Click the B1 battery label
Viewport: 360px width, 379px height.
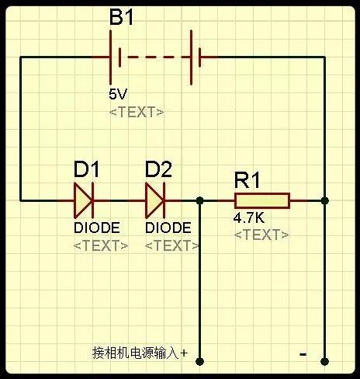[x=121, y=17]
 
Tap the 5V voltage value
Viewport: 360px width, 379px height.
[x=118, y=94]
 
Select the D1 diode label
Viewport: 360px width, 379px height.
[x=86, y=169]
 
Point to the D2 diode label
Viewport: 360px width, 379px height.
[x=158, y=169]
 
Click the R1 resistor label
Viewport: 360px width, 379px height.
[x=247, y=180]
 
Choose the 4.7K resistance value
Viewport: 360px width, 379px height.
[x=249, y=217]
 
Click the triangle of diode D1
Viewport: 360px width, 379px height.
[x=83, y=200]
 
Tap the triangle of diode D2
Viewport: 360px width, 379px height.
[x=154, y=200]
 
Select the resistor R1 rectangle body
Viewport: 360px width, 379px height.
[x=262, y=200]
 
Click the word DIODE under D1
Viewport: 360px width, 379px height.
[x=97, y=228]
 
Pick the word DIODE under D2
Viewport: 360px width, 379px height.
[x=168, y=228]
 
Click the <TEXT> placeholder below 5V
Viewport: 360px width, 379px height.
[x=137, y=113]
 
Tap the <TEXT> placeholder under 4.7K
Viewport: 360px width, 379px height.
[x=261, y=235]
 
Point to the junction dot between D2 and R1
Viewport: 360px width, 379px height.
[x=200, y=200]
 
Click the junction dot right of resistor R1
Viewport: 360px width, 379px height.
[x=325, y=200]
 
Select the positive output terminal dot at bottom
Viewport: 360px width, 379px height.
[x=200, y=361]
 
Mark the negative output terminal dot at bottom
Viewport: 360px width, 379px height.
[x=325, y=361]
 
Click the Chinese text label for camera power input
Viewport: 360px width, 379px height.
[x=140, y=353]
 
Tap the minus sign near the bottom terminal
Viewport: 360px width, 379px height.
[x=303, y=354]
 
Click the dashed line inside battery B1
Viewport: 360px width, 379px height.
[x=155, y=57]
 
